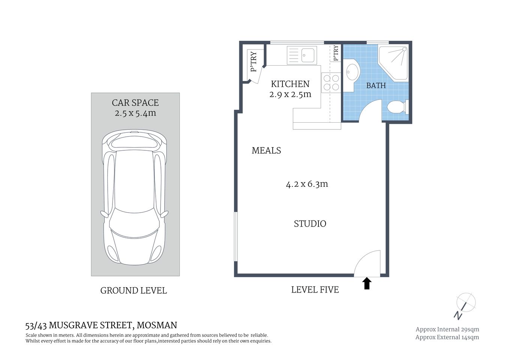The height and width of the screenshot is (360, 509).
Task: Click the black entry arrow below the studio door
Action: click(x=367, y=283)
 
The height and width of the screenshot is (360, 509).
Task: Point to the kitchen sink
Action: click(x=302, y=55)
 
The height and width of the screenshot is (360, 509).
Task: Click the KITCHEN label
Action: click(x=290, y=84)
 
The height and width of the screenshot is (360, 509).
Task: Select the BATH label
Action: click(x=376, y=85)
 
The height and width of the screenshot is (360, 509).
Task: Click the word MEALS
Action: click(x=266, y=150)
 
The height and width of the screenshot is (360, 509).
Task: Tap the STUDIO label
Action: click(x=310, y=224)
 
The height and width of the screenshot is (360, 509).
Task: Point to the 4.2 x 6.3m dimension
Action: click(x=307, y=184)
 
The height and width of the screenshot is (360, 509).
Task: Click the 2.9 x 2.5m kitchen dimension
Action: click(x=290, y=94)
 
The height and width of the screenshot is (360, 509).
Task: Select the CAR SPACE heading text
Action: click(x=135, y=103)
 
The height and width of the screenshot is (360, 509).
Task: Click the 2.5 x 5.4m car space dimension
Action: click(x=135, y=113)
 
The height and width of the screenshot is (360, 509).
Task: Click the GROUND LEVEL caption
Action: click(x=134, y=291)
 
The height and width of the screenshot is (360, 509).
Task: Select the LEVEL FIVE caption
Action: click(x=315, y=290)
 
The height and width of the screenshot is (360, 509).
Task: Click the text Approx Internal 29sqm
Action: click(x=447, y=329)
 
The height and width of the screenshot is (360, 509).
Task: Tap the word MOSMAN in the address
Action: click(x=157, y=325)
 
